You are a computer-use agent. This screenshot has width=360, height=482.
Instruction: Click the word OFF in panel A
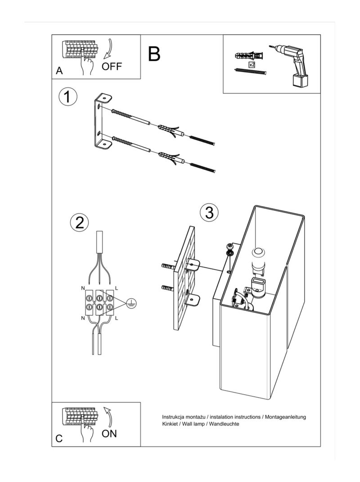point(112,67)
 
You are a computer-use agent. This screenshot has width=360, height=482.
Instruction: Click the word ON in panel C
point(109,433)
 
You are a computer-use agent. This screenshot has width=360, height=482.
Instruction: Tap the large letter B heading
point(154,54)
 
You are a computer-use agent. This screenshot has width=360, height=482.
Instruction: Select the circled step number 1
point(67,97)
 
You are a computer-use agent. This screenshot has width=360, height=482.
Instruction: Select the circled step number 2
point(80,223)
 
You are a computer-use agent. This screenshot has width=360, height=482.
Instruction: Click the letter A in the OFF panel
point(59,71)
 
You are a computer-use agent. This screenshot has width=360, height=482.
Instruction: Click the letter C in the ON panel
point(59,439)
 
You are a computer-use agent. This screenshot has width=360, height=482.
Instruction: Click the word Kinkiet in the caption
point(171,424)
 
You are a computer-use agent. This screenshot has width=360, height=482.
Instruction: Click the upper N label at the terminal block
point(82,288)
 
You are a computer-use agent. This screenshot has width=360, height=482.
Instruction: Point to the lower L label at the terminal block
point(116,318)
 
